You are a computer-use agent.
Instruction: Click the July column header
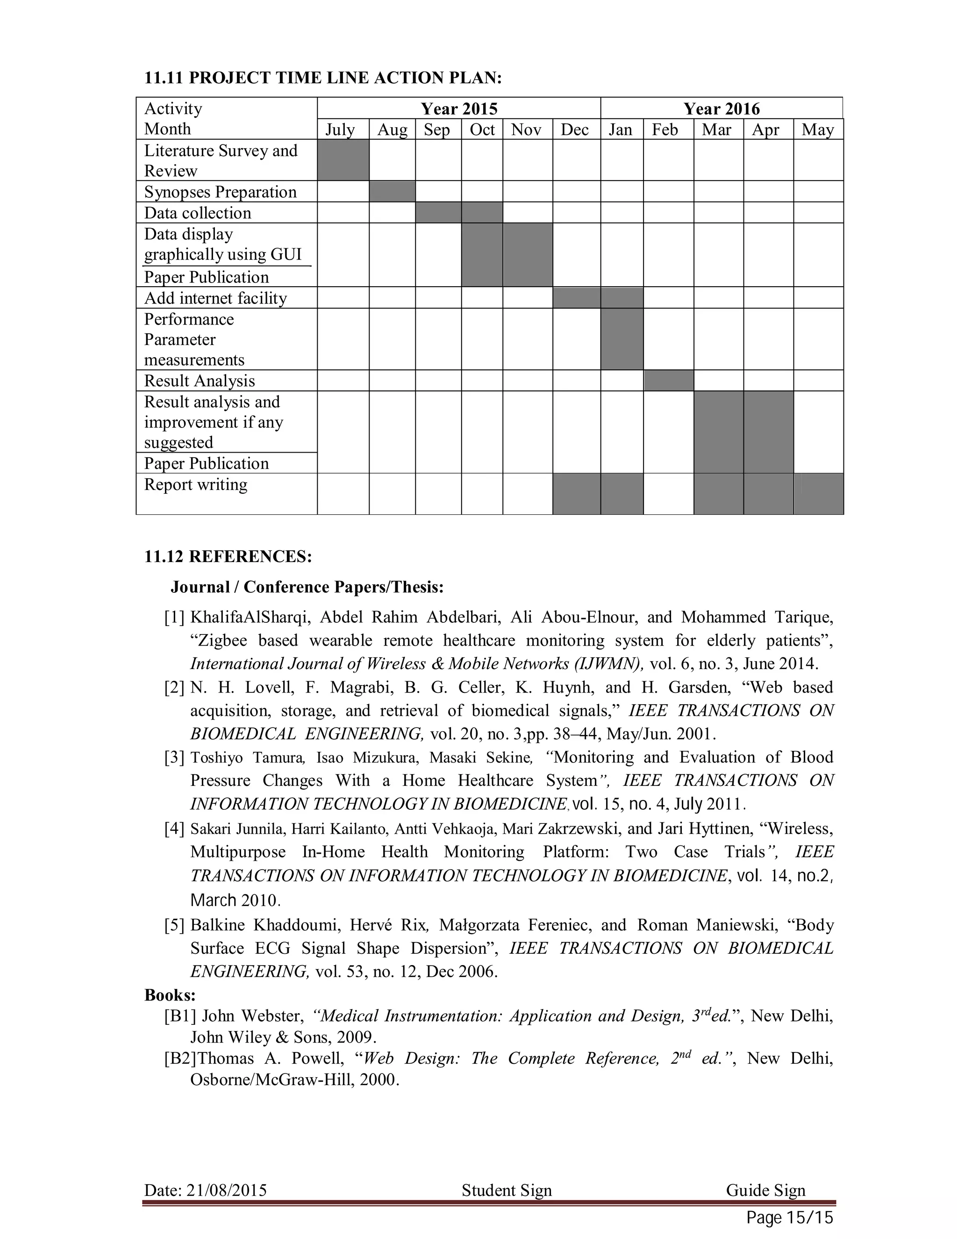click(x=340, y=130)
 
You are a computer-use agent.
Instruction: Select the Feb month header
click(x=664, y=130)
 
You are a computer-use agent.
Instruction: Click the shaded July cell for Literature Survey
click(x=343, y=160)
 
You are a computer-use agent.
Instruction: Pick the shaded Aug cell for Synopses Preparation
click(x=392, y=191)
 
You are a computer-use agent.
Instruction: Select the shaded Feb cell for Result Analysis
click(x=668, y=380)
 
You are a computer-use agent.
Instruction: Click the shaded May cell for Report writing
click(x=818, y=494)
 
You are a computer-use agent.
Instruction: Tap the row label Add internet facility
click(x=215, y=298)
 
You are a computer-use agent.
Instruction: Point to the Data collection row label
click(x=197, y=213)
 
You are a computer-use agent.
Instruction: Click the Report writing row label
click(x=196, y=484)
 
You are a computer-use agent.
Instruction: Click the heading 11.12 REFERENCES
click(x=228, y=556)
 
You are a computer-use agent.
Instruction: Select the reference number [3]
click(x=174, y=757)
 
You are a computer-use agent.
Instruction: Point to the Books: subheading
click(x=170, y=994)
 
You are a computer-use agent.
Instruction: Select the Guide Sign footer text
click(x=765, y=1189)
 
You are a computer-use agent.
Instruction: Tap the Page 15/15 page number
click(x=789, y=1217)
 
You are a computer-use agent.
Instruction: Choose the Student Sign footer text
click(x=506, y=1189)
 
